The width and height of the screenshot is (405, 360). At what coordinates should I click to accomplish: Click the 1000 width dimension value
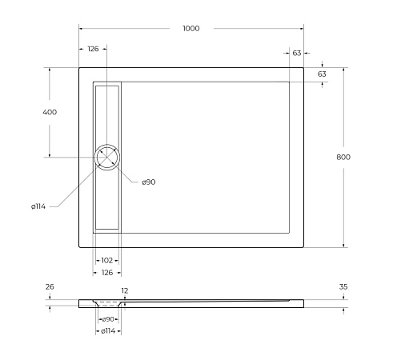tap(190, 29)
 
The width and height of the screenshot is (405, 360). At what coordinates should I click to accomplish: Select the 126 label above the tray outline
tap(93, 50)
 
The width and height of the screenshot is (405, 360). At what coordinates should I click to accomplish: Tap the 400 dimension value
tap(50, 112)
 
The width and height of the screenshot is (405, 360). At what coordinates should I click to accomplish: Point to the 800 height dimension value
tap(343, 157)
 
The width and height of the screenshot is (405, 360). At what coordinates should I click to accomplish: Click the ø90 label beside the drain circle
tap(148, 182)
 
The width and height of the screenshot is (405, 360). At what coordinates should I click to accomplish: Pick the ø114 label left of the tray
tap(38, 207)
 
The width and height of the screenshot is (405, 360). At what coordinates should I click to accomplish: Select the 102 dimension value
tap(106, 260)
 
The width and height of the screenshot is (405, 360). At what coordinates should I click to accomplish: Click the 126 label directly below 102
tap(106, 272)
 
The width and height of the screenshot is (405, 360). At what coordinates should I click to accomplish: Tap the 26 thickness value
tap(50, 286)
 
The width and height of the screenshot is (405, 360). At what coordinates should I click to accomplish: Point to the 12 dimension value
tap(124, 291)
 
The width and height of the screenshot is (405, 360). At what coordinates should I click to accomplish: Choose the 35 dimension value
tap(343, 286)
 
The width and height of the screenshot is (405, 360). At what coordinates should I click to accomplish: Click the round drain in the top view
tap(106, 157)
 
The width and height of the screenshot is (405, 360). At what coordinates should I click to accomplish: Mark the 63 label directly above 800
tap(322, 74)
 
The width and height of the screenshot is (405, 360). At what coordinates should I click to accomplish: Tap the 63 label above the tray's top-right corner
tap(296, 53)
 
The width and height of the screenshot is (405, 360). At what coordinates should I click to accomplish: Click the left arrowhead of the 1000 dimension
tap(81, 29)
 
